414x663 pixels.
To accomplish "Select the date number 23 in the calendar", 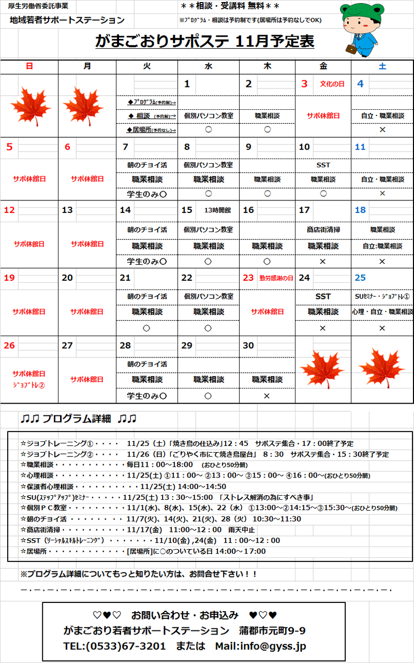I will click(248, 278).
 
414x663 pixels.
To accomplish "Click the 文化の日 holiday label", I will click(332, 84).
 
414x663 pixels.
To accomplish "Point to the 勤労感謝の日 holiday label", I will click(276, 278).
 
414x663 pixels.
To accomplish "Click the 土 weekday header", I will click(382, 66).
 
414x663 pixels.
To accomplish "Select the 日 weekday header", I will click(29, 66).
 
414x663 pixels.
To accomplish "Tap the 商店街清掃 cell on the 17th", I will click(323, 229).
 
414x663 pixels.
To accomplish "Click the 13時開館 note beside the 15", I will click(217, 210).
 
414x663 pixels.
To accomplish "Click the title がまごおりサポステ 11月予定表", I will click(205, 41).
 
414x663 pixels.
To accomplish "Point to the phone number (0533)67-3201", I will click(126, 646).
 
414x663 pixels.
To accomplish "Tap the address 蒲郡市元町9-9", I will click(272, 630).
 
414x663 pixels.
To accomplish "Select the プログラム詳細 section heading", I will click(78, 419).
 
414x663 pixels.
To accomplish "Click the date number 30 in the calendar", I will click(248, 345).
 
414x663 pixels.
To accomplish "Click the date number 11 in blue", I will click(360, 147).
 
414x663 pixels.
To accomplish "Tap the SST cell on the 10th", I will click(323, 165).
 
